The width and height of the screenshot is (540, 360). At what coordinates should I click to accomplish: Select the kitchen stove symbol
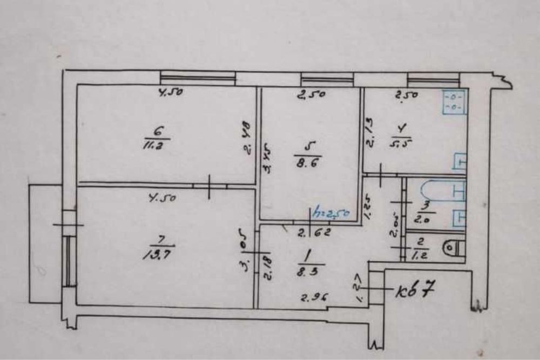(452, 103)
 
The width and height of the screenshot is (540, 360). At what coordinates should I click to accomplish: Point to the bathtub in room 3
(435, 190)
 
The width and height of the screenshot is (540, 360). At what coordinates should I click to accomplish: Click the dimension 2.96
(315, 297)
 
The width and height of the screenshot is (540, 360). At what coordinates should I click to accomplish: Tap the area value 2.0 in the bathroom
(421, 220)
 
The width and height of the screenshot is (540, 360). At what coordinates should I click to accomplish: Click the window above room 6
(198, 78)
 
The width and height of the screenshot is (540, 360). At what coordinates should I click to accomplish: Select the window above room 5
(327, 79)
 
